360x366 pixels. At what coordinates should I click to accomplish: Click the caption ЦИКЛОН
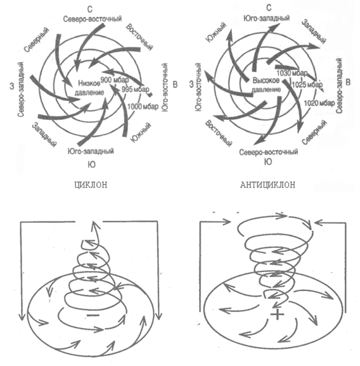(91, 185)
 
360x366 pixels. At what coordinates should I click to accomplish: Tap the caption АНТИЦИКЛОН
(267, 185)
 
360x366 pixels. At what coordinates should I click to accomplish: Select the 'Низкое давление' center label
(89, 88)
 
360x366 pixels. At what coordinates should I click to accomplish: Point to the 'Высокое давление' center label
(266, 85)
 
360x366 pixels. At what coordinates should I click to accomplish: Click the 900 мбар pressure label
(115, 80)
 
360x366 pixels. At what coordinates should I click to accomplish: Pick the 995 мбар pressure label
(135, 89)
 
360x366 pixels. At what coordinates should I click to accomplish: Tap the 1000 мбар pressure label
(143, 107)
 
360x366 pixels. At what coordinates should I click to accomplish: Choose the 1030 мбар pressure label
(292, 73)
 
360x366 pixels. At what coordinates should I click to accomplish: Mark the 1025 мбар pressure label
(307, 84)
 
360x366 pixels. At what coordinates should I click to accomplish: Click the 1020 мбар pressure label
(319, 103)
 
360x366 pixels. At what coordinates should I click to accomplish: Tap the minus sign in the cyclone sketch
(93, 315)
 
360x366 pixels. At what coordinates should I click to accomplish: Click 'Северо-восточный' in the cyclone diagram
(93, 18)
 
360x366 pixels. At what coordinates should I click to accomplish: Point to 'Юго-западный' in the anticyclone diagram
(266, 18)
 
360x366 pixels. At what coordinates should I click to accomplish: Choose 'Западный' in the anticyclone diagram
(314, 31)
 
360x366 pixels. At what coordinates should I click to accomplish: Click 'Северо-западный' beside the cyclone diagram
(21, 89)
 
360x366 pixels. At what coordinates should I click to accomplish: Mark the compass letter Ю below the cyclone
(92, 164)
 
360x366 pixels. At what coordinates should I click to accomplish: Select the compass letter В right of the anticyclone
(348, 82)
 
